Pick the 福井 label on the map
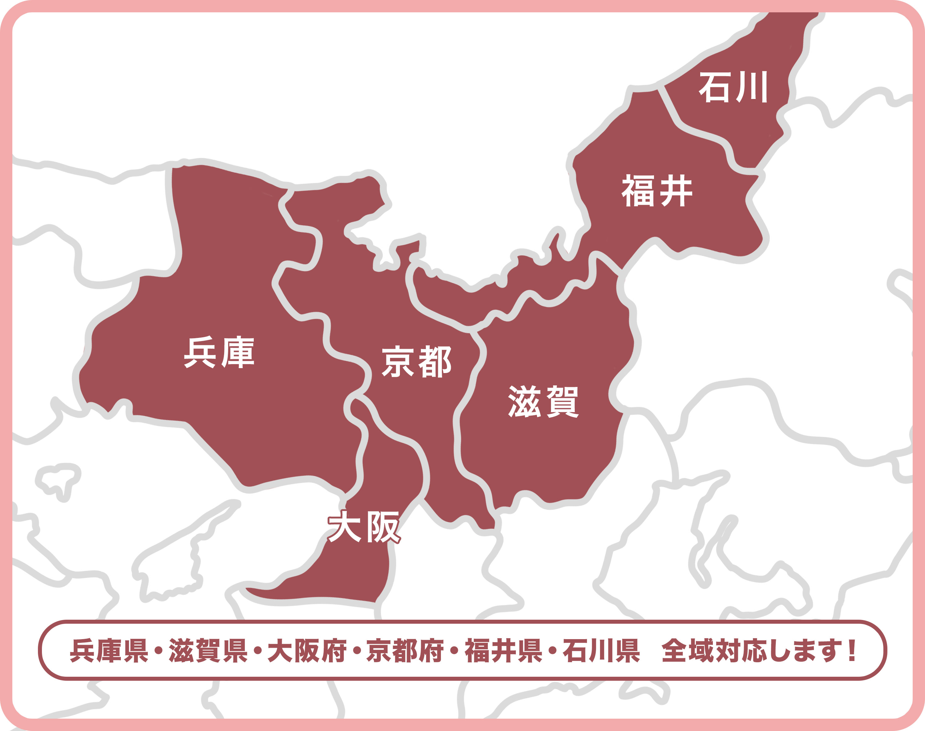point(657,191)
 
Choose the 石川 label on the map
point(733,87)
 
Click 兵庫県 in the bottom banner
point(109,651)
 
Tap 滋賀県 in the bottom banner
point(208,651)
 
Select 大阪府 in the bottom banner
point(307,651)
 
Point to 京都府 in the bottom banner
point(405,651)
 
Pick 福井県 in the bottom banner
point(504,651)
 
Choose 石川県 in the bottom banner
point(601,651)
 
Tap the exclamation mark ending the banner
point(852,651)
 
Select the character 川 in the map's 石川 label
point(752,87)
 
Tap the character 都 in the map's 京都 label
point(435,362)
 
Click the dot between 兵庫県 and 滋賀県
point(159,651)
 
